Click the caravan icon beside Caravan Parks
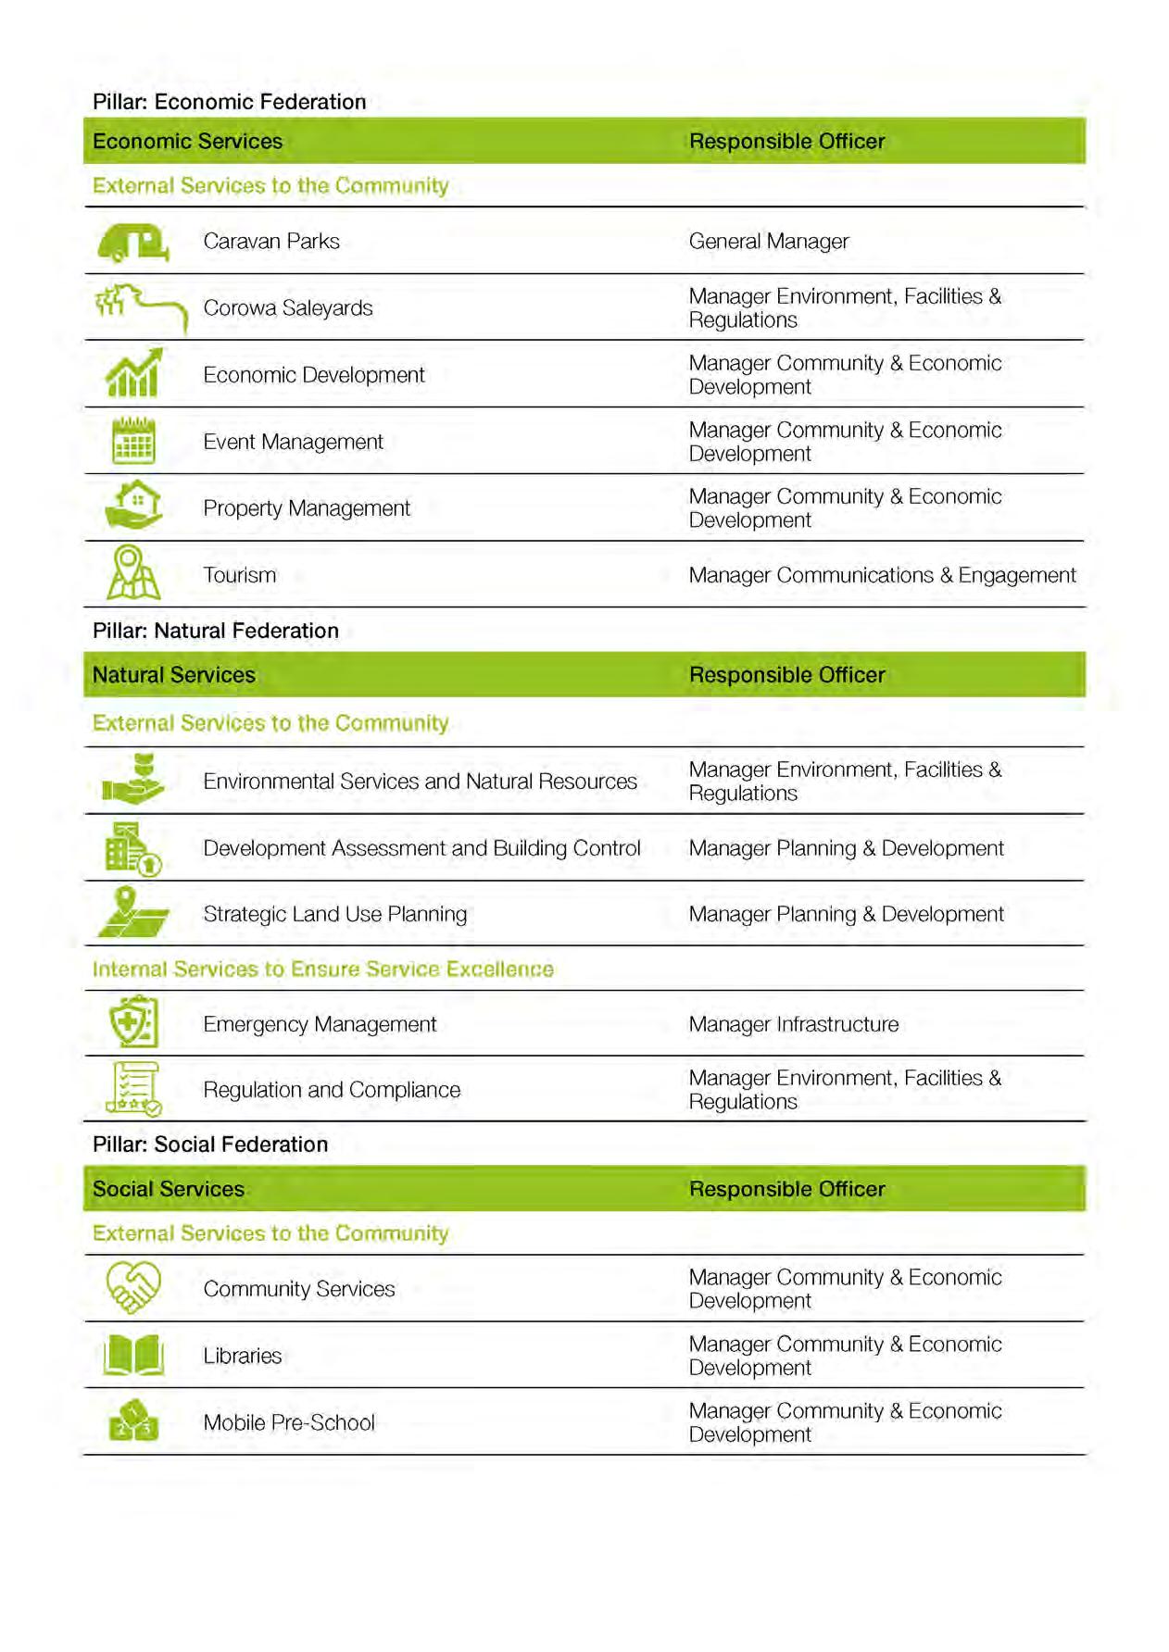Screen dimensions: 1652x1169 pyautogui.click(x=133, y=243)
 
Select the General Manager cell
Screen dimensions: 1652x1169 pyautogui.click(x=768, y=242)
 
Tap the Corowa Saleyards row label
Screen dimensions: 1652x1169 pyautogui.click(x=287, y=308)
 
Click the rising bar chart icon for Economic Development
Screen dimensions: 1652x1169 pyautogui.click(x=133, y=373)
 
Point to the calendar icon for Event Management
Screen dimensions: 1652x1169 pyautogui.click(x=133, y=441)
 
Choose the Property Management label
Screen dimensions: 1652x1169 pyautogui.click(x=306, y=508)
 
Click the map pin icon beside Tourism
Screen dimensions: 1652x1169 pyautogui.click(x=133, y=573)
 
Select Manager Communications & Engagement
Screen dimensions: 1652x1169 pyautogui.click(x=882, y=575)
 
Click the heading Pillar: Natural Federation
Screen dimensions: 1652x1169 pyautogui.click(x=215, y=631)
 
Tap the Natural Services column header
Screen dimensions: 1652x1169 pyautogui.click(x=173, y=675)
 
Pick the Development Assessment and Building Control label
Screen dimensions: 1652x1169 pyautogui.click(x=421, y=848)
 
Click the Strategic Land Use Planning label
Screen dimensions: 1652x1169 pyautogui.click(x=334, y=914)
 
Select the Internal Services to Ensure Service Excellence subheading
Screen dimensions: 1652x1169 pyautogui.click(x=322, y=970)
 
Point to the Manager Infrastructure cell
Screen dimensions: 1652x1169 pyautogui.click(x=793, y=1024)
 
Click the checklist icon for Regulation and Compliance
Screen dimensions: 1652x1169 pyautogui.click(x=133, y=1089)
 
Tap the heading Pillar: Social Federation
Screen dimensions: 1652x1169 pyautogui.click(x=209, y=1145)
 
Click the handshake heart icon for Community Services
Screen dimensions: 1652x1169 pyautogui.click(x=133, y=1287)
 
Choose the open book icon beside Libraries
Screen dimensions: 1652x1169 pyautogui.click(x=133, y=1356)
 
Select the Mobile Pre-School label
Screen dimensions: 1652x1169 pyautogui.click(x=289, y=1423)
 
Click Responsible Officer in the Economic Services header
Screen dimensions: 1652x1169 pyautogui.click(x=786, y=142)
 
